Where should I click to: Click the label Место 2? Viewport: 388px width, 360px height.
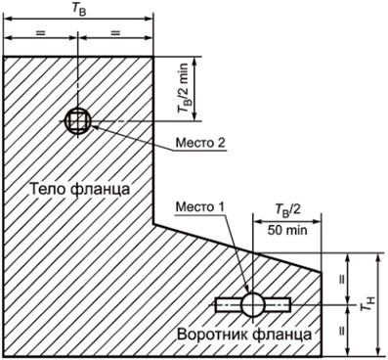tap(201, 143)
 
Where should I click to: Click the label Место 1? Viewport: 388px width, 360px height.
tap(199, 206)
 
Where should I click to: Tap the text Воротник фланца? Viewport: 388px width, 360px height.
tap(244, 335)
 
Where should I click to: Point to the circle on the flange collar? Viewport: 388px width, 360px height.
tap(252, 303)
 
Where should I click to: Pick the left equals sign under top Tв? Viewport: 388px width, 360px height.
tap(39, 34)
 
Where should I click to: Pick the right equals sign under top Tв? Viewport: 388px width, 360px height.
tap(115, 34)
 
